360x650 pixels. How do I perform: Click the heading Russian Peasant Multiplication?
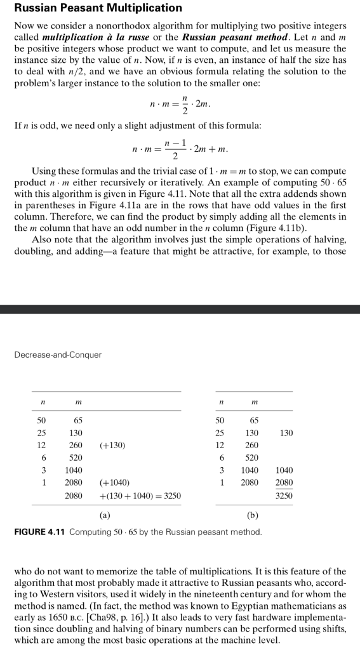(98, 8)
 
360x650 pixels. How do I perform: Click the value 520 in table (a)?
(76, 457)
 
